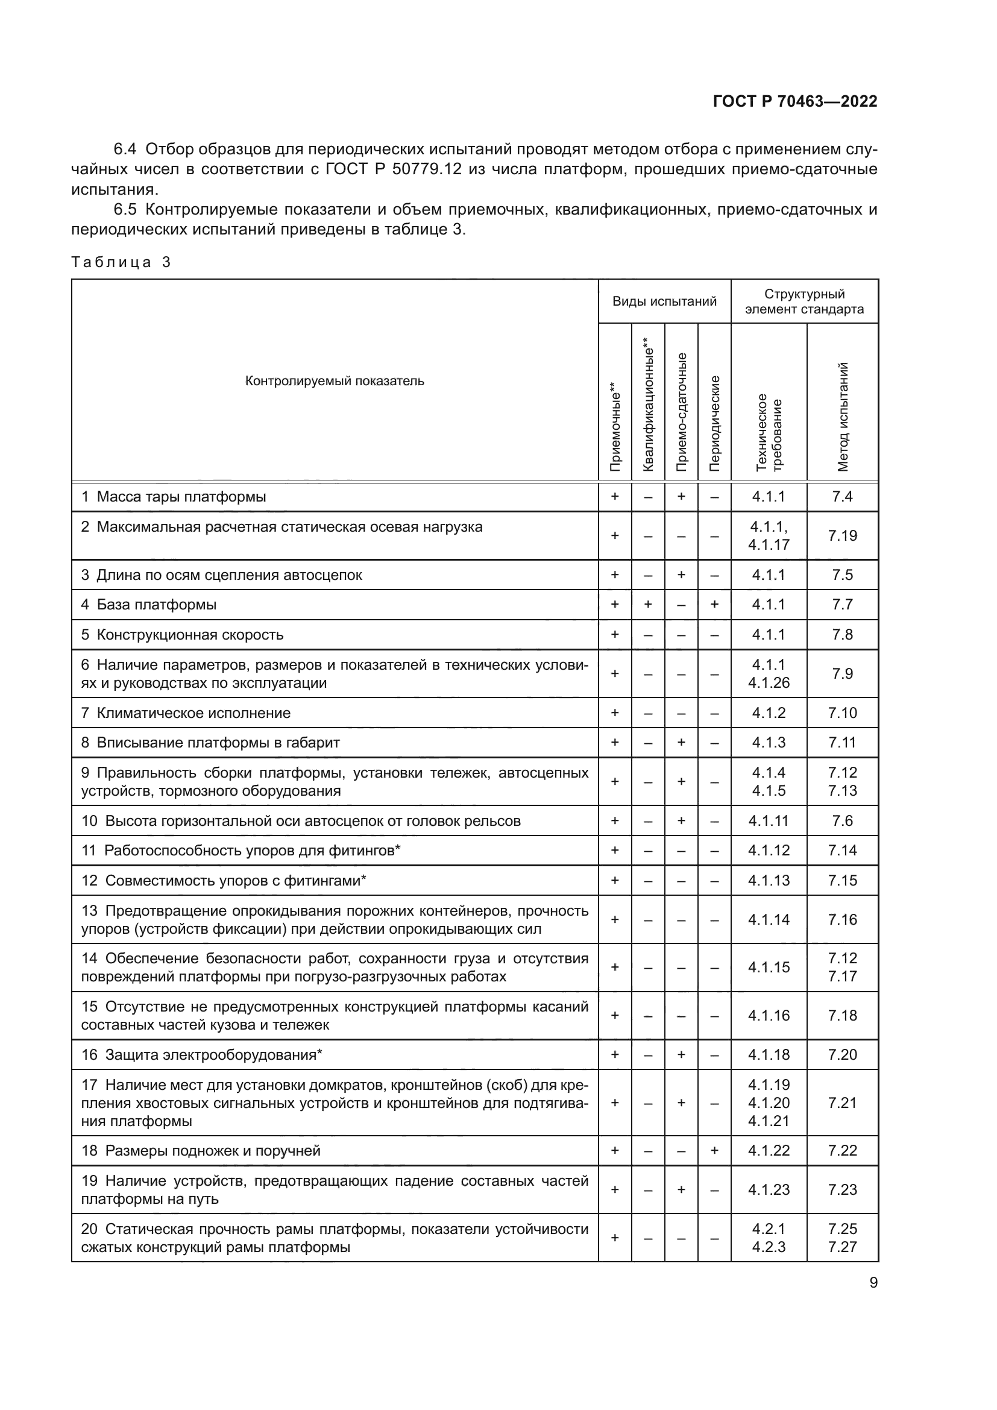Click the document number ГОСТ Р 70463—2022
[x=794, y=101]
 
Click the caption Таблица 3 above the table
[x=121, y=262]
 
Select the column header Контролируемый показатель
[x=335, y=381]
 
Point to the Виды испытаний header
[x=664, y=301]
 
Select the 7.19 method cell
[x=842, y=535]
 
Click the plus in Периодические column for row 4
[x=714, y=604]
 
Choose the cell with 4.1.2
[x=769, y=713]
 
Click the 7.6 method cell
[x=842, y=820]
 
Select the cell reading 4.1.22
[x=769, y=1150]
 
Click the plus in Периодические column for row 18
[x=714, y=1150]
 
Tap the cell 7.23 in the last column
[x=842, y=1189]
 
